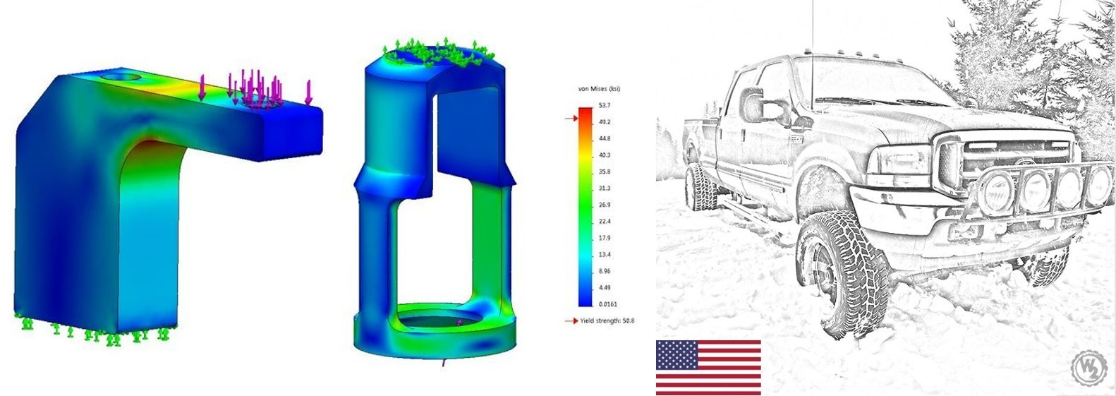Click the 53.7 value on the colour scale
click(x=604, y=105)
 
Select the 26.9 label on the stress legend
click(x=604, y=205)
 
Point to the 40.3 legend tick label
click(x=604, y=155)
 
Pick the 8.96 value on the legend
click(x=604, y=271)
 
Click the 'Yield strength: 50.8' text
click(x=607, y=320)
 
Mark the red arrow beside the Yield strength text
click(x=571, y=320)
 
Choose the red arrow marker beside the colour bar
click(x=571, y=118)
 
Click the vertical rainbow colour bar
click(x=586, y=207)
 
